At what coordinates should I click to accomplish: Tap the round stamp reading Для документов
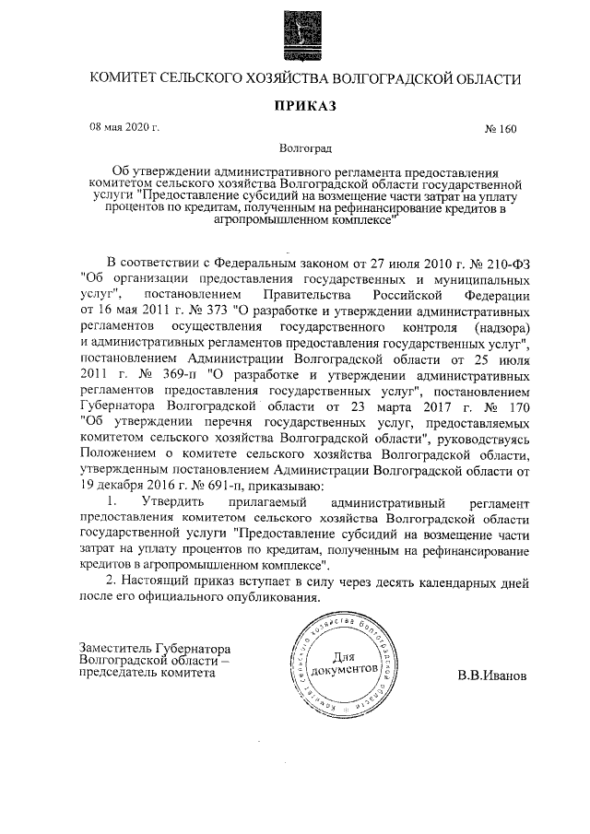tap(342, 665)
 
